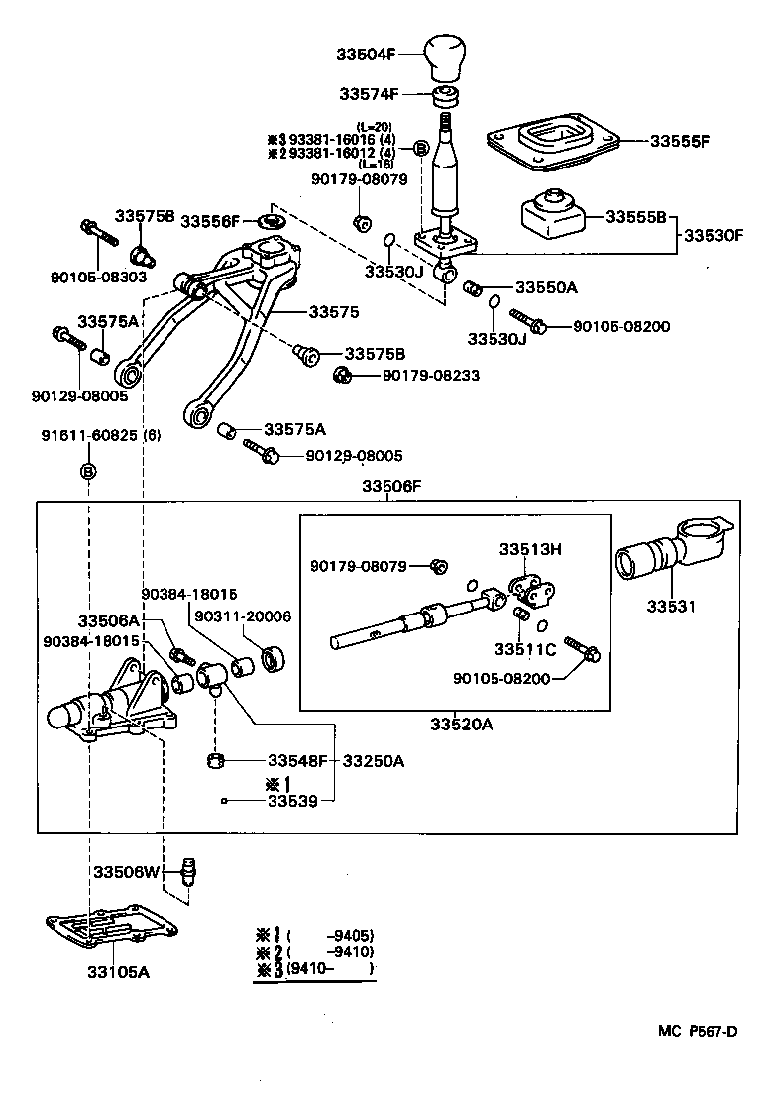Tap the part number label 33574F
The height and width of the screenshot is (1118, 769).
pos(369,95)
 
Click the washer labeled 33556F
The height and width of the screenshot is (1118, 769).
pos(271,220)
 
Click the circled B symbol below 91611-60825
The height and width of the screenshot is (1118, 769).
pos(88,470)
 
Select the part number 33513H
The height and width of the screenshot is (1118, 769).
pos(529,548)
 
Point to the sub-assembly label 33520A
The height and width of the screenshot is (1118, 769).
pos(461,726)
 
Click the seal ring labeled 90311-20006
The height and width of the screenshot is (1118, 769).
pos(272,658)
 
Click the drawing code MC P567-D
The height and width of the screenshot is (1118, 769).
pos(697,1031)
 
